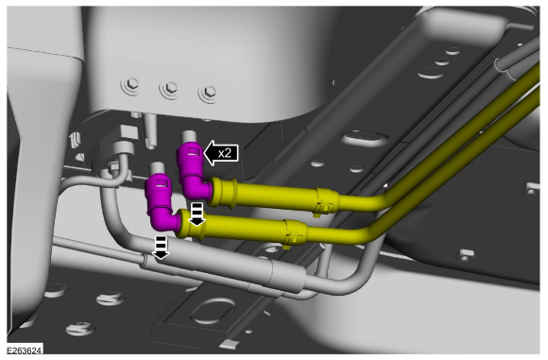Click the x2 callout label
(x=225, y=153)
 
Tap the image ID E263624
(x=25, y=351)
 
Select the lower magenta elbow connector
(x=160, y=203)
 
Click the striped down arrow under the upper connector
(x=197, y=214)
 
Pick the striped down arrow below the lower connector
(x=161, y=248)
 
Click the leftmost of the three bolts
(x=132, y=84)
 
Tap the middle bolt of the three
(x=171, y=88)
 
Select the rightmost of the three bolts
(x=209, y=92)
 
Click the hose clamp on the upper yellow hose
(x=326, y=201)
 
